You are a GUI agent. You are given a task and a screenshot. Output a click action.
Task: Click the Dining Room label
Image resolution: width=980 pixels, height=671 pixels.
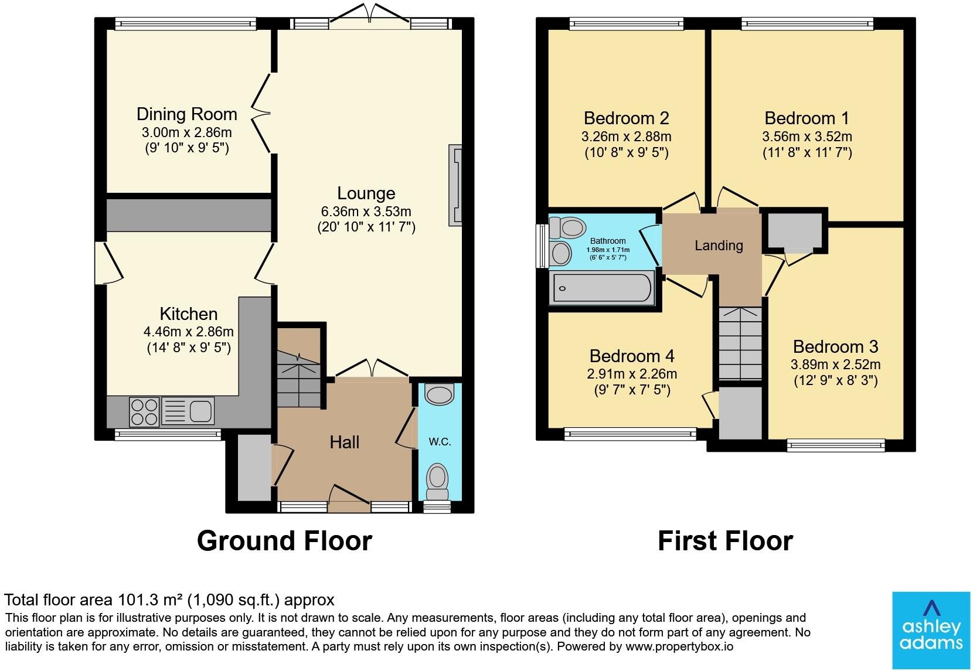[187, 114]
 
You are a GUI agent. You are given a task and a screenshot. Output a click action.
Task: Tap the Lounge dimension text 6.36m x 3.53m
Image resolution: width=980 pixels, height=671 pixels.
[366, 212]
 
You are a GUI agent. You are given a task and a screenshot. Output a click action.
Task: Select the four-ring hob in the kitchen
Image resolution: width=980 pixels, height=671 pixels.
[144, 411]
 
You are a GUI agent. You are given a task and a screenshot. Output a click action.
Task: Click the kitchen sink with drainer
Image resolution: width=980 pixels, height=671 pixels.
[188, 411]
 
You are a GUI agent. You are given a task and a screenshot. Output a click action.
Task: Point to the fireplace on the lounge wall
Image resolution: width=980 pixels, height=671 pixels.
[455, 185]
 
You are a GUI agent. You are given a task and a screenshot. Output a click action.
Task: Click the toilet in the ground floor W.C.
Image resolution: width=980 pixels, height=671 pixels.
[437, 482]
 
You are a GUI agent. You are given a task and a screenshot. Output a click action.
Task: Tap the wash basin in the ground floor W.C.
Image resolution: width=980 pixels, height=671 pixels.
[439, 394]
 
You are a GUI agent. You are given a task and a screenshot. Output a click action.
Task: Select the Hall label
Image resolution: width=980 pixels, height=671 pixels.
[344, 442]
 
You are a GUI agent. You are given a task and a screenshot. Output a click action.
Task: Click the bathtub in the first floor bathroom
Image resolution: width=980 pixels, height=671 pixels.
[601, 287]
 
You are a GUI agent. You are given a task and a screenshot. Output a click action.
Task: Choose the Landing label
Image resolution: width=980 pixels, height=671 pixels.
[719, 246]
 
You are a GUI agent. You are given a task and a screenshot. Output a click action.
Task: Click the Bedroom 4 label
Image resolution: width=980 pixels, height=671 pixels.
[632, 356]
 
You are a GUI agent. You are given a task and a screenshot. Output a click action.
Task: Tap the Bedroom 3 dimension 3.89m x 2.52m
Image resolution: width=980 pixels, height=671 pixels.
[836, 365]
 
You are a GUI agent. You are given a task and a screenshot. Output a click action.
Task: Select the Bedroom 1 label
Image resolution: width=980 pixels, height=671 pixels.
[807, 118]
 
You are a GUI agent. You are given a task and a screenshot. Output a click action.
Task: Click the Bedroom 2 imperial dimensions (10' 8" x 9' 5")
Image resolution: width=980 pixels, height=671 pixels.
[627, 152]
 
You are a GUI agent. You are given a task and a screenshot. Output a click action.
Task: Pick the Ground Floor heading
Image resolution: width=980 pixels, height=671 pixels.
[284, 541]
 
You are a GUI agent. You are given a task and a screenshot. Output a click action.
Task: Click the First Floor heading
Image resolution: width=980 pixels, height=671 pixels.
[726, 541]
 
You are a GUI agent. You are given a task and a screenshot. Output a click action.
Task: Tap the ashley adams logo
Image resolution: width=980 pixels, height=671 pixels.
[931, 630]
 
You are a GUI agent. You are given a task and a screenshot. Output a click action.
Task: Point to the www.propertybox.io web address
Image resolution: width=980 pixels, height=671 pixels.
[679, 646]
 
